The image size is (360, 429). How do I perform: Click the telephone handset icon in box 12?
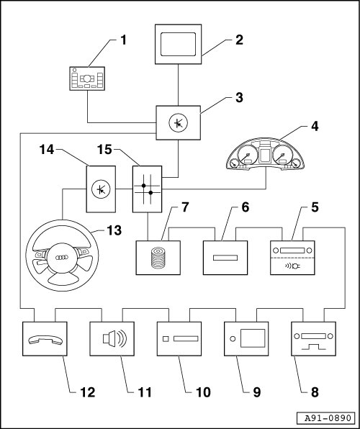pos(45,340)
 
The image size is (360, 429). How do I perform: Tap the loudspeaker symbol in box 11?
pos(114,338)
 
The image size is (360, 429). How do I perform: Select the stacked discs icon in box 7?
pos(158,258)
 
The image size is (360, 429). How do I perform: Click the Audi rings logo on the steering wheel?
pos(62,258)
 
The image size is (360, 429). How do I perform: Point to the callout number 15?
pos(104,150)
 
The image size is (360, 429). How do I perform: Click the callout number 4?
pos(315,127)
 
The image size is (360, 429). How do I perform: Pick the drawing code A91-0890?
pos(328,418)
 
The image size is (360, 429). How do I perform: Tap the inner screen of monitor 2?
pos(179,45)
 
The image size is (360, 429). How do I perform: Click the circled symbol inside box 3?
pos(179,123)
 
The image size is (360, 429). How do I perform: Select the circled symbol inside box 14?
pos(101,189)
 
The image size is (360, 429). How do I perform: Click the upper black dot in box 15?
pos(144,186)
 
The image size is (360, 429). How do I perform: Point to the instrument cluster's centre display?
pos(266,154)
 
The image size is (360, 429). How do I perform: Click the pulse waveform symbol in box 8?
pos(313,347)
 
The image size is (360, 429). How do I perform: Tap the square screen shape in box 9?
pos(253,338)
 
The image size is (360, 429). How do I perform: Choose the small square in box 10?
pos(166,339)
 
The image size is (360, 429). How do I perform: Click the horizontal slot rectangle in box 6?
pos(225,258)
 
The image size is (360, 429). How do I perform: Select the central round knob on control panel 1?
pos(87,78)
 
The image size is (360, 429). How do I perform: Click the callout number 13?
pos(114,230)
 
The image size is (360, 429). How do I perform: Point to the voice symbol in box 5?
pos(292,266)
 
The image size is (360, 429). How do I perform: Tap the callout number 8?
pos(315,392)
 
